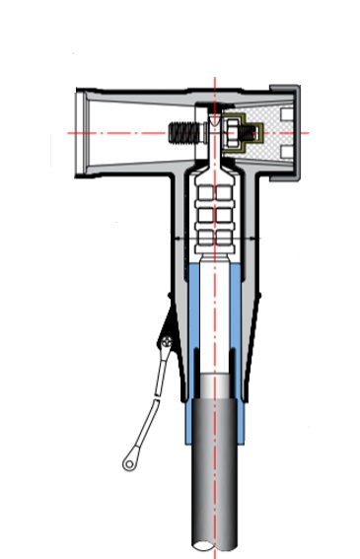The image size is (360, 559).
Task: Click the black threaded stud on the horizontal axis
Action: click(x=183, y=132)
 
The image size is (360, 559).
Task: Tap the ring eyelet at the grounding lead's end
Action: click(x=129, y=460)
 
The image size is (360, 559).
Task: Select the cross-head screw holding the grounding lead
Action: click(x=168, y=342)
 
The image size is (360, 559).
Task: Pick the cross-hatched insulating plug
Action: click(x=262, y=128)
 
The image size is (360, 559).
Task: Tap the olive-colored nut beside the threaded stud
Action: click(x=235, y=132)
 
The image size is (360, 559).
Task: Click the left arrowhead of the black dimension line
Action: click(x=176, y=238)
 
